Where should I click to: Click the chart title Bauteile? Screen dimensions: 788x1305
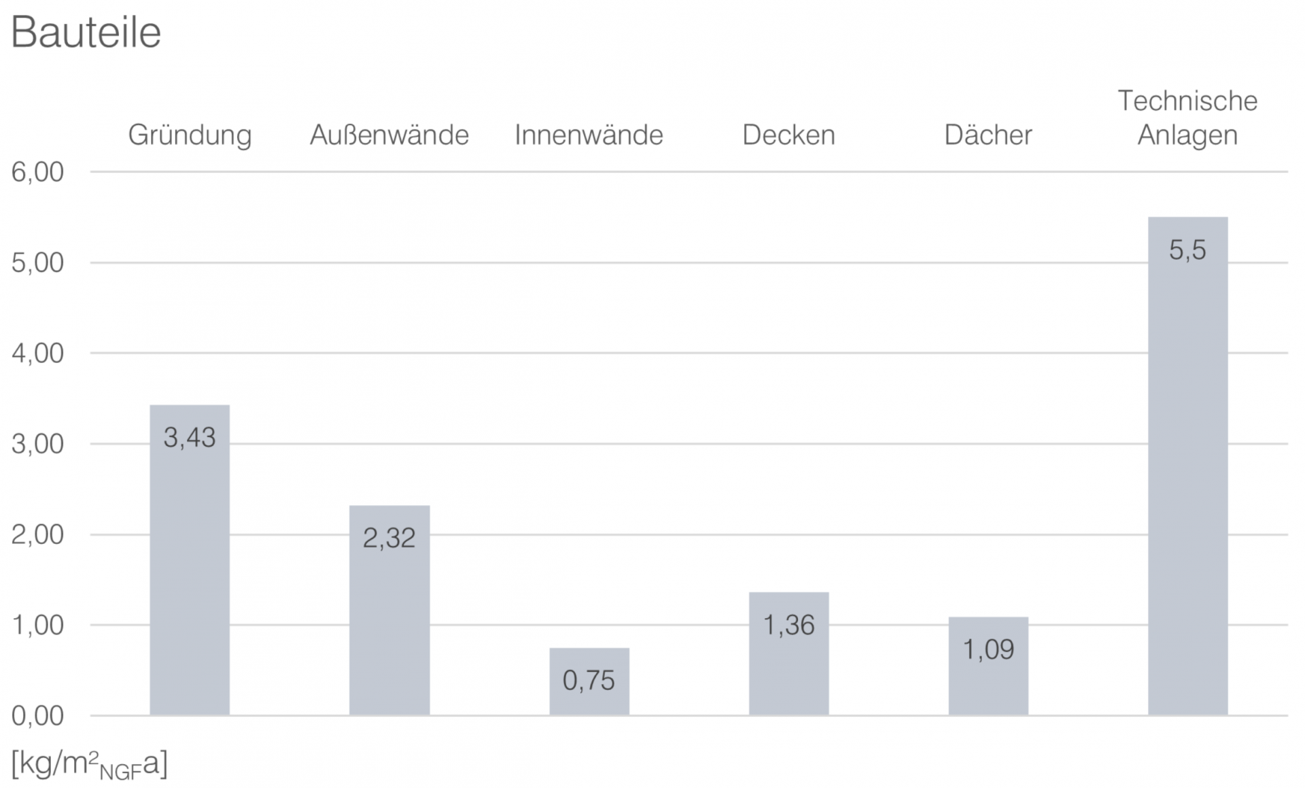point(86,32)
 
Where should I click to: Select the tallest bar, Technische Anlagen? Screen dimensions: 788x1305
point(1187,476)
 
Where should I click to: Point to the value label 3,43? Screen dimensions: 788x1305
point(190,438)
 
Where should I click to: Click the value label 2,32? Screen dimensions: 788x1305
point(389,538)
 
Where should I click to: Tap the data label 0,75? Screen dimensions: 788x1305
point(589,680)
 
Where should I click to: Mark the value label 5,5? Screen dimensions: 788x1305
point(1187,250)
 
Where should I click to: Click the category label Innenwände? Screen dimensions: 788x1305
point(589,135)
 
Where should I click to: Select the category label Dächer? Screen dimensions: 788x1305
point(988,135)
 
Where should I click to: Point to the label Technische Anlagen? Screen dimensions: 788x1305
point(1187,118)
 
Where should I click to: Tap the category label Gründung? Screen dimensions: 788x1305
point(190,135)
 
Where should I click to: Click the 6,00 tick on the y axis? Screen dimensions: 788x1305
point(37,172)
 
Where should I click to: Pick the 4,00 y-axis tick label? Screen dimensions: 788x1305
point(37,354)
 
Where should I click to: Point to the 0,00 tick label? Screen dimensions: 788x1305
point(37,715)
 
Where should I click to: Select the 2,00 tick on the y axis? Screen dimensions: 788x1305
point(37,534)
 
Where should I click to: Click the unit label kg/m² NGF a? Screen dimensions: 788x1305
point(89,765)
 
